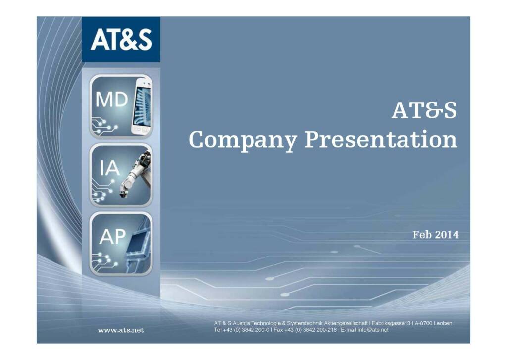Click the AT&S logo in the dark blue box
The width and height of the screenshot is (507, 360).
point(121,39)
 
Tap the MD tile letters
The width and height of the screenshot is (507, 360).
point(111,100)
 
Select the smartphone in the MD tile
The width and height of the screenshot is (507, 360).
point(142,106)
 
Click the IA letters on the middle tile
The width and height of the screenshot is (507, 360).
point(109,168)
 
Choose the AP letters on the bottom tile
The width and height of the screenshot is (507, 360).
point(112,237)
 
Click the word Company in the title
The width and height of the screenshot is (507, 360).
point(243,140)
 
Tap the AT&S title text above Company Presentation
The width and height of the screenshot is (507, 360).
point(424,110)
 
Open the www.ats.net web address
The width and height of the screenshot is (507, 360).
point(121,330)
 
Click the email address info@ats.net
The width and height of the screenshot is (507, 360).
point(373,330)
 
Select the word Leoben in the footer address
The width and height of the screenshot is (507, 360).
point(443,323)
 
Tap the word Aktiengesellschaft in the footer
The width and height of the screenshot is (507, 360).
point(346,323)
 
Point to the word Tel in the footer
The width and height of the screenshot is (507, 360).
point(218,330)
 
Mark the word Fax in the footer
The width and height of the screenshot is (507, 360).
point(278,330)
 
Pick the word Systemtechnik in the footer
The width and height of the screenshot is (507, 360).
point(304,323)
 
